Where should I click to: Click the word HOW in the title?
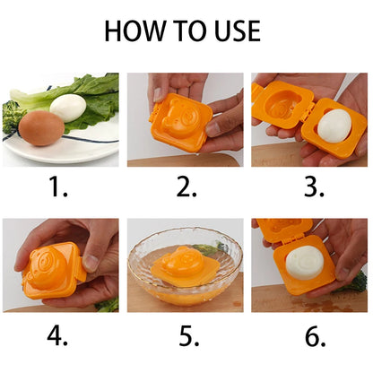tap(134, 30)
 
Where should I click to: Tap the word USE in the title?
tap(238, 30)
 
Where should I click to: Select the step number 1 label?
tap(57, 186)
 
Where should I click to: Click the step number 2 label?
tap(186, 186)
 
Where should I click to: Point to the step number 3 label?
tap(314, 186)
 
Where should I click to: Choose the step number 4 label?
tap(57, 335)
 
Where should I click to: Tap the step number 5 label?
tap(189, 335)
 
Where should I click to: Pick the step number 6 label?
tap(315, 335)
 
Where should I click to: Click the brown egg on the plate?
tap(41, 128)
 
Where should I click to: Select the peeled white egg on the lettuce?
tap(68, 108)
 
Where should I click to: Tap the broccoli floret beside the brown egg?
tap(12, 117)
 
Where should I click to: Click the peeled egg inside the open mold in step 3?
tap(334, 126)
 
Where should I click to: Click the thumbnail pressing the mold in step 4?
tap(90, 262)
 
